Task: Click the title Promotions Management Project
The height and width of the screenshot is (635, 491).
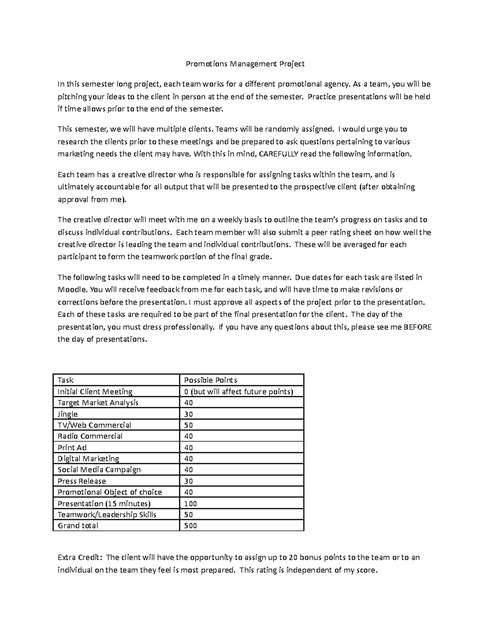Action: pyautogui.click(x=245, y=64)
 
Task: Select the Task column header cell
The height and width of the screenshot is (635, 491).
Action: pyautogui.click(x=65, y=380)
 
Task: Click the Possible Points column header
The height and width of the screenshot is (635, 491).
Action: pyautogui.click(x=211, y=380)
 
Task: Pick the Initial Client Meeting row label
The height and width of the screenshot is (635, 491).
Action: pyautogui.click(x=95, y=392)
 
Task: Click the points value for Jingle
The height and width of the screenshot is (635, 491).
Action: pyautogui.click(x=189, y=414)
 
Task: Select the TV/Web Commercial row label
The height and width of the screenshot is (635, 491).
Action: pyautogui.click(x=94, y=425)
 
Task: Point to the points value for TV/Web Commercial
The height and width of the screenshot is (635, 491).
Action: pyautogui.click(x=189, y=425)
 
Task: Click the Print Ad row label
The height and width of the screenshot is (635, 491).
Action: pyautogui.click(x=72, y=448)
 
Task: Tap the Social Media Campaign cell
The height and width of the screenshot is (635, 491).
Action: pyautogui.click(x=99, y=470)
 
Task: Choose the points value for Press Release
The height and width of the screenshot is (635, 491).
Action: pyautogui.click(x=189, y=481)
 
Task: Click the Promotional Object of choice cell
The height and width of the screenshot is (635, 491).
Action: pyautogui.click(x=110, y=492)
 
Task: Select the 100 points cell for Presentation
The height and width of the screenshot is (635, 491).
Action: pyautogui.click(x=190, y=504)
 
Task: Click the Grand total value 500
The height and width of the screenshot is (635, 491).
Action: pyautogui.click(x=190, y=526)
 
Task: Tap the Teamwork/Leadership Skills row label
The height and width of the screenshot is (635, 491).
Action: pyautogui.click(x=107, y=515)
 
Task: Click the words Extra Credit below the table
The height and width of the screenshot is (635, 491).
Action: pyautogui.click(x=81, y=558)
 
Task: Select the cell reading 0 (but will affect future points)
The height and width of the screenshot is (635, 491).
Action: pyautogui.click(x=239, y=392)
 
